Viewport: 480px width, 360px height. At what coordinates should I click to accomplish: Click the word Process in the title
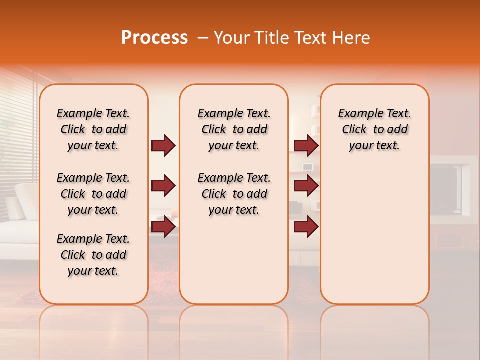coord(154,38)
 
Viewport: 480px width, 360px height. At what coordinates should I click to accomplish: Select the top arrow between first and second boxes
coord(163,146)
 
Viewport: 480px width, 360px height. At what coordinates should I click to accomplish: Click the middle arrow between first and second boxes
coord(163,186)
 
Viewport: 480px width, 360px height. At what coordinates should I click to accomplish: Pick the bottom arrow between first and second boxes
coord(163,227)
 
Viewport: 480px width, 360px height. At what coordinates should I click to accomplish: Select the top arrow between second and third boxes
coord(306,146)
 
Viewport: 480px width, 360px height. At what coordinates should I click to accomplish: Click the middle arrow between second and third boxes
coord(306,186)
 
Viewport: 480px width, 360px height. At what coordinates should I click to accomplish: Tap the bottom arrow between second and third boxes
coord(306,227)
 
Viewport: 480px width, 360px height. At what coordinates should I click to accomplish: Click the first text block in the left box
coord(93,129)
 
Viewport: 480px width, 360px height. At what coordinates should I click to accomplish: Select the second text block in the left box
coord(93,194)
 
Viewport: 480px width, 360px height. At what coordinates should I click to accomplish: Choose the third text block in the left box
coord(93,255)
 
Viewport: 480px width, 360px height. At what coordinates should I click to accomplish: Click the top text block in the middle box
coord(234,129)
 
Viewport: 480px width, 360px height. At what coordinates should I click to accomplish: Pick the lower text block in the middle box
coord(234,194)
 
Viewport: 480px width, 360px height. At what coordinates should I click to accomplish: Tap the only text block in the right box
coord(374,129)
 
